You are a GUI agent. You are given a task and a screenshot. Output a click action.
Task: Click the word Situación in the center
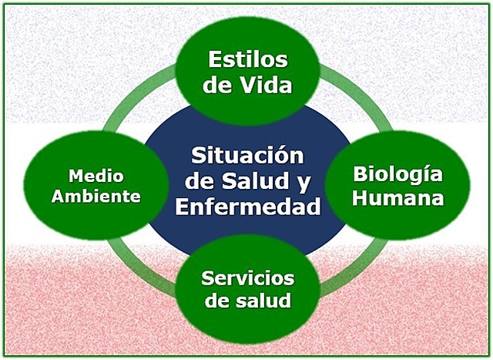(246, 156)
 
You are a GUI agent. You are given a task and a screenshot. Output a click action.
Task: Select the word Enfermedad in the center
(246, 207)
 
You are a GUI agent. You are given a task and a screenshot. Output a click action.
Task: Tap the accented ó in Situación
(281, 156)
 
